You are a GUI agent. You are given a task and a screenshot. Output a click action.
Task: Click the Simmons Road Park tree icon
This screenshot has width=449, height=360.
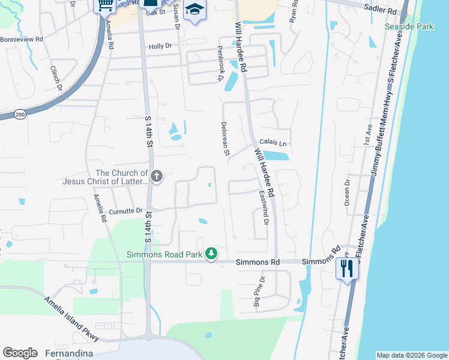coord(211,254)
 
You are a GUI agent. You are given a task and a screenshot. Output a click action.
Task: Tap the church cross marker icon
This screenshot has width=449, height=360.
coord(157,176)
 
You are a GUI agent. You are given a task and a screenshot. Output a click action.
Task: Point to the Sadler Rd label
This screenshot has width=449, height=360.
coord(381,11)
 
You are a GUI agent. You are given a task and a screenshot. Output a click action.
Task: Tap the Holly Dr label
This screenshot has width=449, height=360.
coord(160,46)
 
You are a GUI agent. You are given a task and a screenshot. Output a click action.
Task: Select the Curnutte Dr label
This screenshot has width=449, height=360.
coord(125,211)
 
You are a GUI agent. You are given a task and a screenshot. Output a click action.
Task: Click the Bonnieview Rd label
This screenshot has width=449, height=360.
coord(22,39)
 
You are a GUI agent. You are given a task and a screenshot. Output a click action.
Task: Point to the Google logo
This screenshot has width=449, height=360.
coord(20,353)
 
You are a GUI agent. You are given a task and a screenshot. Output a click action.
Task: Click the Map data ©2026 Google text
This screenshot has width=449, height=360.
coord(412,355)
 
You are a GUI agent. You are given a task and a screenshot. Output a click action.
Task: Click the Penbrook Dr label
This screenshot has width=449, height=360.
coord(220,71)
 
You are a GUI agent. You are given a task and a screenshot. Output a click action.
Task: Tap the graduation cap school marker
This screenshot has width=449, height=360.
coord(194,10)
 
